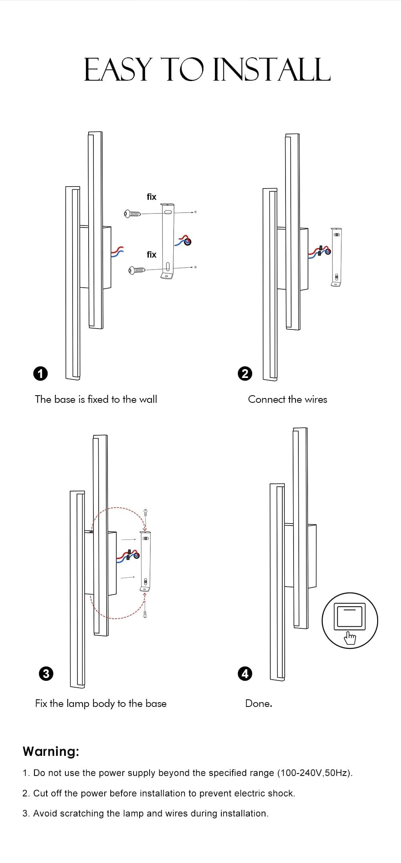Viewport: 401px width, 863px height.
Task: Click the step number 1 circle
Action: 40,374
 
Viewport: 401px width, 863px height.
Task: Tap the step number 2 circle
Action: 245,374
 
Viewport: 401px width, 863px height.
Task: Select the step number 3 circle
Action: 46,673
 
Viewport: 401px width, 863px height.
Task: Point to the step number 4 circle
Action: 245,673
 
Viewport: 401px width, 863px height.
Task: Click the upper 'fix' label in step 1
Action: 151,197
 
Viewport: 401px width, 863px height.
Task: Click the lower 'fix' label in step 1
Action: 151,254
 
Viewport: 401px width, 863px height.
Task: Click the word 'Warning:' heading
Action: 51,751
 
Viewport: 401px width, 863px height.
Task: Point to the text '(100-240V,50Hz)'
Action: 315,773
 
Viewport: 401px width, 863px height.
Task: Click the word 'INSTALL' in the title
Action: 271,70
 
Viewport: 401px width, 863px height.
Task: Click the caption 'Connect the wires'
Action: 288,399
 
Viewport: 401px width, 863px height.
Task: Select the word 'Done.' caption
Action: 259,703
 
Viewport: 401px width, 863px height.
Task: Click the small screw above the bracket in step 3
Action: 146,513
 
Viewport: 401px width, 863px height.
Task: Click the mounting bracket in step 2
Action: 336,257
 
